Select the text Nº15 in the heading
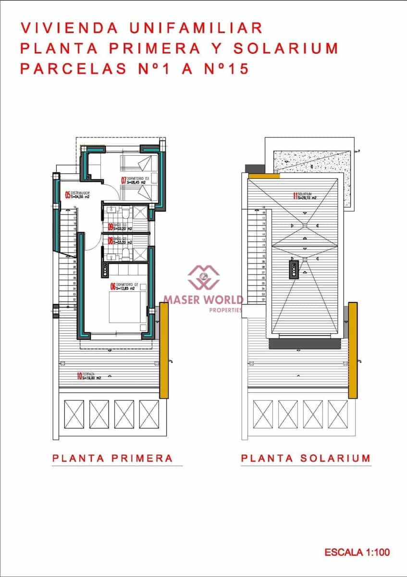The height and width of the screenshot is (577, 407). click(225, 69)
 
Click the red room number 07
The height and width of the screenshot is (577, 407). click(123, 181)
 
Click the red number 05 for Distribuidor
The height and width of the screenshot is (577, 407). click(68, 195)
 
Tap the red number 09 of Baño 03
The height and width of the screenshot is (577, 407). click(110, 227)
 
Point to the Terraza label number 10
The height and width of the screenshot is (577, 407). click(79, 376)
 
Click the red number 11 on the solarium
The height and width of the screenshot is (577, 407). click(295, 196)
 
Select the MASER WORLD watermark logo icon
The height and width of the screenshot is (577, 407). click(203, 278)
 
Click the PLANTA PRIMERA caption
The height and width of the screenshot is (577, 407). click(112, 458)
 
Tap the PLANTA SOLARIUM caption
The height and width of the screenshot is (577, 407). click(306, 458)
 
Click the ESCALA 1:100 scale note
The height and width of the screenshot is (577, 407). click(357, 552)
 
